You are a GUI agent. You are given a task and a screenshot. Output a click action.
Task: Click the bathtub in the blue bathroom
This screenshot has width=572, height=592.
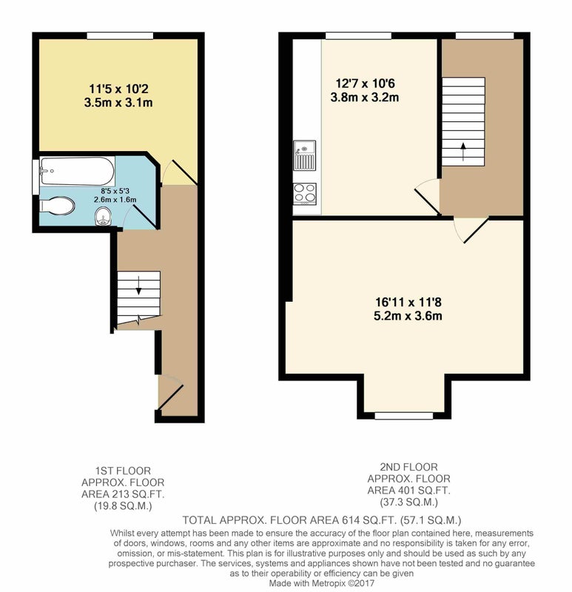click(78, 171)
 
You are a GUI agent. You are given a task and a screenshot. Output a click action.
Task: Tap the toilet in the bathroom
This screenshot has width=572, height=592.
click(57, 206)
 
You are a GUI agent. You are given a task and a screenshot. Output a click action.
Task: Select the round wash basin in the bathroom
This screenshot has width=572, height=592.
click(103, 216)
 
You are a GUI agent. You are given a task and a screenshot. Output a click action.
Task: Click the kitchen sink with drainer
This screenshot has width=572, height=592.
click(304, 155)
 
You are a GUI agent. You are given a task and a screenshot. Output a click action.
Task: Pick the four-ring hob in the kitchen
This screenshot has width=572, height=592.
click(305, 193)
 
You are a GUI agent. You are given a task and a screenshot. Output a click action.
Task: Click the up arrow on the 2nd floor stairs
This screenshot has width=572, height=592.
click(463, 152)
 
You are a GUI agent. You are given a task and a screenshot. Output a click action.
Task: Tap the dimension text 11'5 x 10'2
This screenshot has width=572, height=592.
click(118, 89)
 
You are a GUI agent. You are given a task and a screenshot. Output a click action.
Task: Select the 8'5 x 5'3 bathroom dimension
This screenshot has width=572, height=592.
click(115, 192)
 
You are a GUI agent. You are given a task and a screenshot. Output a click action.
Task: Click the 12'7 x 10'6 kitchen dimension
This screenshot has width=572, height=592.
click(365, 83)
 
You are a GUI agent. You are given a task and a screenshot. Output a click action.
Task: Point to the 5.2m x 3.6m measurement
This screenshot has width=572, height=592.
click(408, 316)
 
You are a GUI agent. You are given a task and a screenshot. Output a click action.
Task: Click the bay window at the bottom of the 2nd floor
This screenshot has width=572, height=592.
click(403, 416)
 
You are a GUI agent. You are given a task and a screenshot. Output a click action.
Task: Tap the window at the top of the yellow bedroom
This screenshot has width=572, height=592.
click(120, 36)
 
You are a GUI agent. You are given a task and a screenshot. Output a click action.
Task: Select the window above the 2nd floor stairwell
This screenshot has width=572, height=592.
click(485, 36)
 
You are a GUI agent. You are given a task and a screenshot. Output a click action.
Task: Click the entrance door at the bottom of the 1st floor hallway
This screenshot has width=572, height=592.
click(170, 393)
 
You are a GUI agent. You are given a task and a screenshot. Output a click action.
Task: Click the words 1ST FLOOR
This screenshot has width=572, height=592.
click(123, 471)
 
